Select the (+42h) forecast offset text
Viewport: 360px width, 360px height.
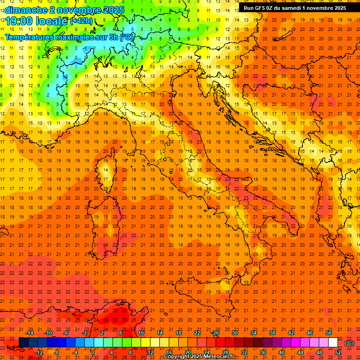pyautogui.click(x=81, y=21)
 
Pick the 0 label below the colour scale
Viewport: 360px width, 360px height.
pyautogui.click(x=93, y=352)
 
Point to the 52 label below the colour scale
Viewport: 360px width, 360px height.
pyautogui.click(x=338, y=352)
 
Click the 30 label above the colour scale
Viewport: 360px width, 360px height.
pyautogui.click(x=234, y=333)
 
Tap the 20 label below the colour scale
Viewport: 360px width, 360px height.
pyautogui.click(x=187, y=352)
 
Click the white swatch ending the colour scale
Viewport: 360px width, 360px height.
pyautogui.click(x=333, y=342)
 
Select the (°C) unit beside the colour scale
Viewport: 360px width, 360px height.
pyautogui.click(x=349, y=343)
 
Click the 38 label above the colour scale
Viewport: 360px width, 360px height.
pyautogui.click(x=272, y=333)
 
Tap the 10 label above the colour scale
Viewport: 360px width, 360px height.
pyautogui.click(x=141, y=333)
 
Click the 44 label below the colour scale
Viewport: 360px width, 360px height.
pyautogui.click(x=300, y=352)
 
